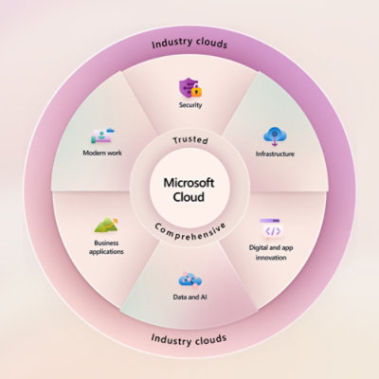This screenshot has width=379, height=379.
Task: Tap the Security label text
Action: tap(190, 105)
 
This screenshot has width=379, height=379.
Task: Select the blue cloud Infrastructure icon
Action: tap(275, 136)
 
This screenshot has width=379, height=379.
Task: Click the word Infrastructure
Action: tap(275, 153)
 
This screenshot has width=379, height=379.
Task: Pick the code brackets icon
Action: tap(271, 229)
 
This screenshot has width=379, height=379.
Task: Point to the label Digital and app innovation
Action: tap(271, 252)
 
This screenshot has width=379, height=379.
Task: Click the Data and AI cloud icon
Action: tap(190, 280)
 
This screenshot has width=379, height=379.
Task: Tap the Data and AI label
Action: tap(190, 297)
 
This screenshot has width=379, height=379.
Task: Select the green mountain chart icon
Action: tap(106, 226)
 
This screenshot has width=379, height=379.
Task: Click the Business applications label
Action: tap(106, 247)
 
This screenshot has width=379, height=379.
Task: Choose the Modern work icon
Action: tap(102, 136)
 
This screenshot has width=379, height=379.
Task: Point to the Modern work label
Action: tap(102, 153)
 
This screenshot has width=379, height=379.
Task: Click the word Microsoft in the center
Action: tap(189, 183)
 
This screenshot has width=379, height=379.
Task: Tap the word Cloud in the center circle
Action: tap(189, 197)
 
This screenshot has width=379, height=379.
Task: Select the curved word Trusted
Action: tap(190, 140)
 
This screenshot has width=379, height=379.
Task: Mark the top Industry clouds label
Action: tap(189, 44)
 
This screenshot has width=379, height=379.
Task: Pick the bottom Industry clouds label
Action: tap(189, 340)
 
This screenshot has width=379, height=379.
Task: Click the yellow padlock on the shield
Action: tap(197, 91)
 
